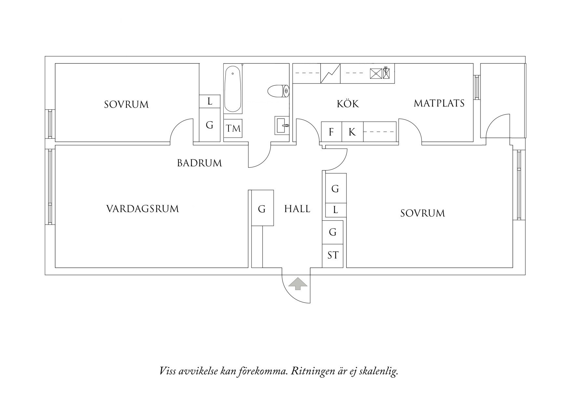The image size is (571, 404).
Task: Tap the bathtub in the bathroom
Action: click(x=233, y=89)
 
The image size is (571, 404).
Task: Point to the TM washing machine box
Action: click(x=233, y=128)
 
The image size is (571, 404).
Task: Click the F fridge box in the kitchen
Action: click(x=331, y=132)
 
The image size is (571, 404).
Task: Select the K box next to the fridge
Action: click(x=352, y=132)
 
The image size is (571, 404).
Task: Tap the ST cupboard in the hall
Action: click(x=333, y=255)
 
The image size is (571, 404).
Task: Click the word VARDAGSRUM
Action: click(x=143, y=209)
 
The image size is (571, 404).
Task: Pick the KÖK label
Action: click(x=348, y=104)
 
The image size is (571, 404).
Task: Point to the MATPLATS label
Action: click(x=439, y=103)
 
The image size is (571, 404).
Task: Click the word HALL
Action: click(x=297, y=209)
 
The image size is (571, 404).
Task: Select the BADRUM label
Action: click(x=199, y=163)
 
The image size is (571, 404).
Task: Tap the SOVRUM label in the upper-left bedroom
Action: click(x=126, y=105)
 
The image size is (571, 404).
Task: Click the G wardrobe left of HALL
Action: click(x=262, y=209)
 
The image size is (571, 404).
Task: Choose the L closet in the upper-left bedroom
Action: click(x=210, y=101)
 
